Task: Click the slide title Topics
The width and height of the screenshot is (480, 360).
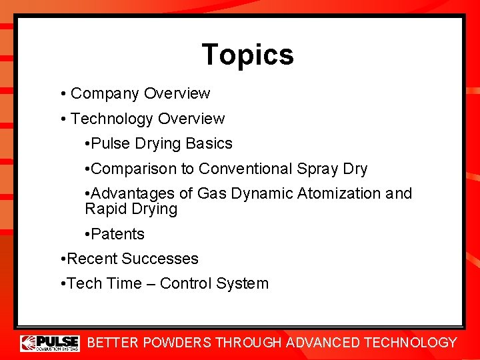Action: coord(247,55)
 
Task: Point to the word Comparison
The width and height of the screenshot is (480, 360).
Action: coord(141,169)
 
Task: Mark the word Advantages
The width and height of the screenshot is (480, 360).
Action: coord(133,194)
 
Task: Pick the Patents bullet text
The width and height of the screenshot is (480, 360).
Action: coord(117,234)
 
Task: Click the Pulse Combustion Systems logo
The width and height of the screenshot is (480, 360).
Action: coord(50,343)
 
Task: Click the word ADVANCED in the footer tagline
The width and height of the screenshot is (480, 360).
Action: coord(322,343)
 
